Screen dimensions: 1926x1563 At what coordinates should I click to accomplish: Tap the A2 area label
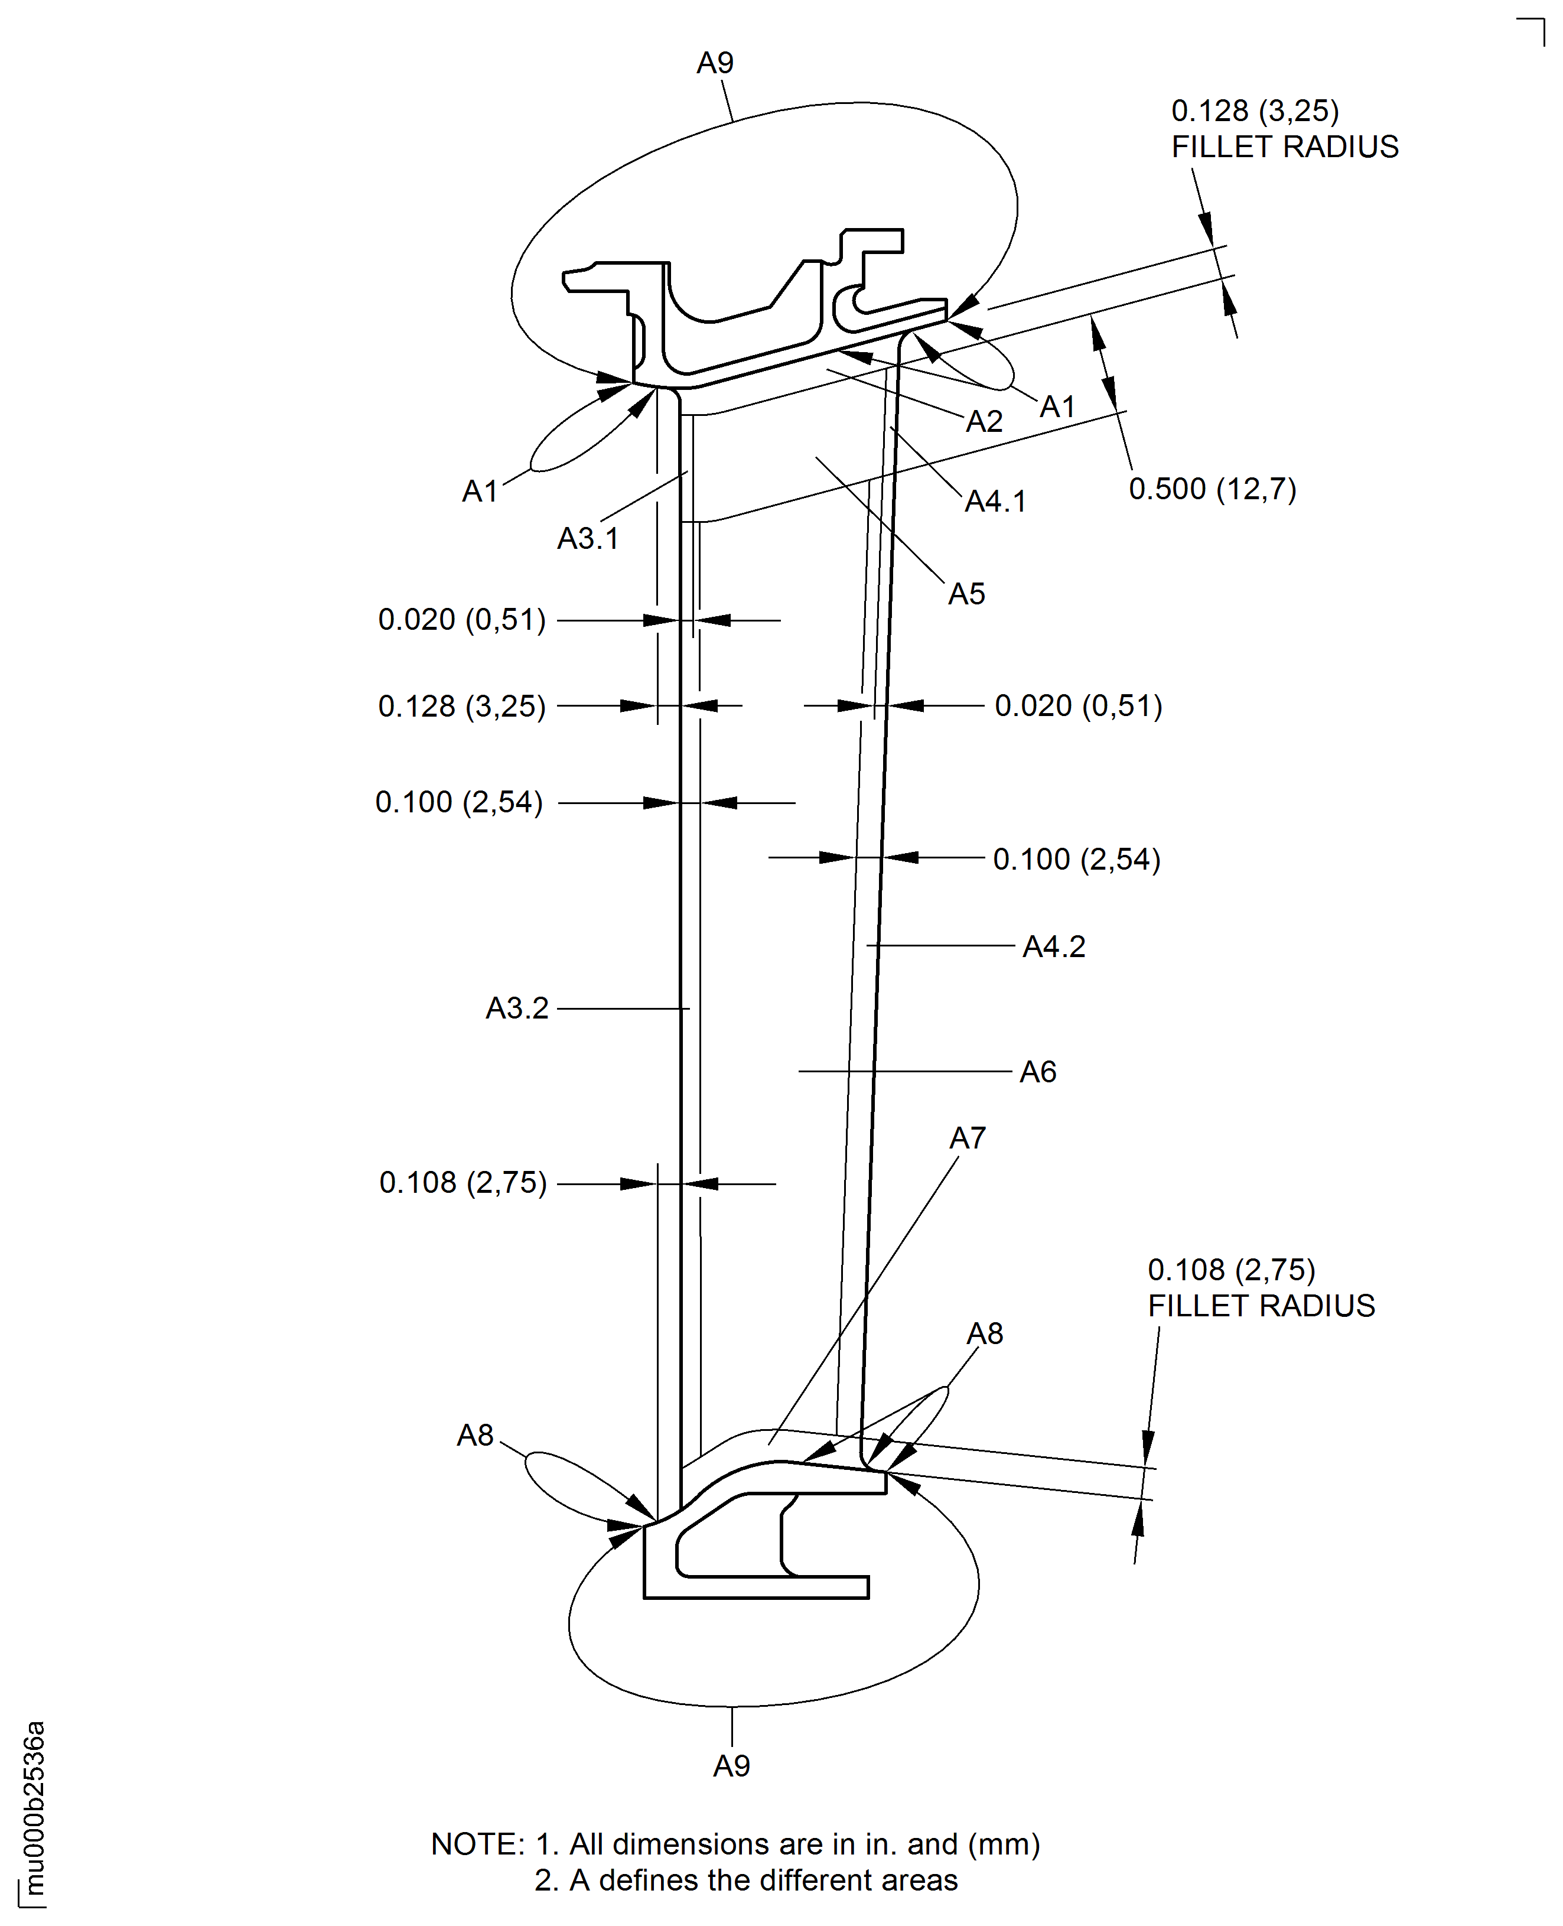(x=984, y=421)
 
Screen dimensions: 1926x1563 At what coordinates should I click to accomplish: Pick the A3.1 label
(x=588, y=538)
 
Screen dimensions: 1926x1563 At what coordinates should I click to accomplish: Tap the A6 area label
(x=1037, y=1072)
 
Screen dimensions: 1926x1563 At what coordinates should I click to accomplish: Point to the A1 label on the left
(x=480, y=492)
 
